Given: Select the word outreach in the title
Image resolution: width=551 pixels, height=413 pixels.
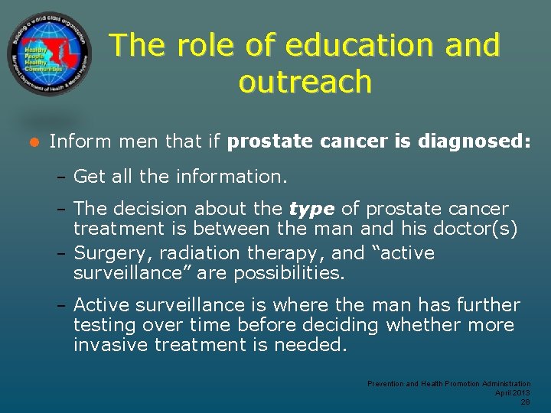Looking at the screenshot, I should pos(305,82).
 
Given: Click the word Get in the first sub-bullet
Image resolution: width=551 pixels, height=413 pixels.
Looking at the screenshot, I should pos(90,177).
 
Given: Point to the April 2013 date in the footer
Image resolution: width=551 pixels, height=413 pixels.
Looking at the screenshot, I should pos(512,392).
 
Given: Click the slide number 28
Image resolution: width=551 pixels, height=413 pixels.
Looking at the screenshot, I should pos(525,401).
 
